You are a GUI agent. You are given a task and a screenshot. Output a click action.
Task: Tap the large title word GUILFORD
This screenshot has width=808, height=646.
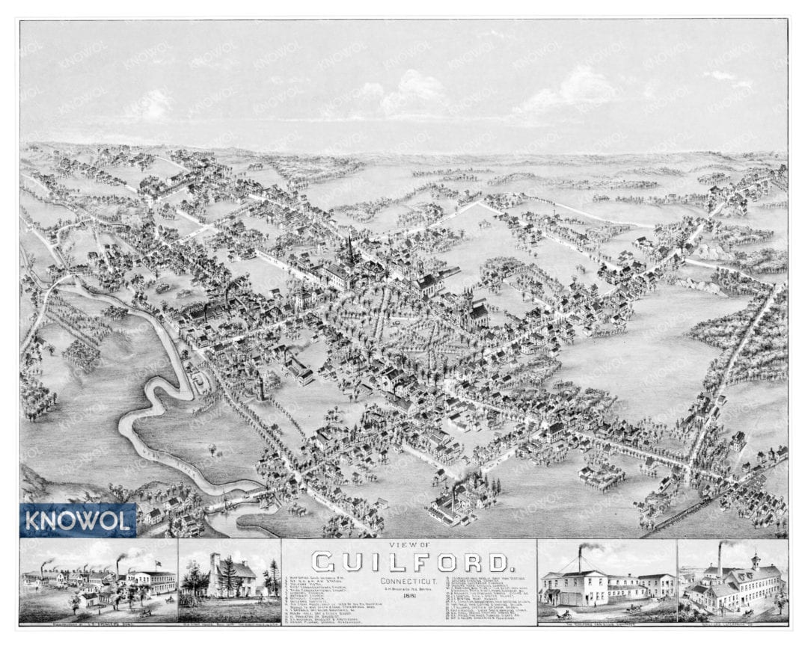pos(408,562)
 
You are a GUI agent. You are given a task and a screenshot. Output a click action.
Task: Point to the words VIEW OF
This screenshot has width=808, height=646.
pos(408,546)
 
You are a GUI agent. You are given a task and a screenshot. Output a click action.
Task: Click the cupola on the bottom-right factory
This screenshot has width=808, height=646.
pos(756,560)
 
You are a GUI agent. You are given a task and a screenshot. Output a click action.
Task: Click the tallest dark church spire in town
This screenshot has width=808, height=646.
pos(349,250)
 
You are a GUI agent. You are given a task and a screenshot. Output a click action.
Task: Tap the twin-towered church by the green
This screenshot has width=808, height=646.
pos(474,309)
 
